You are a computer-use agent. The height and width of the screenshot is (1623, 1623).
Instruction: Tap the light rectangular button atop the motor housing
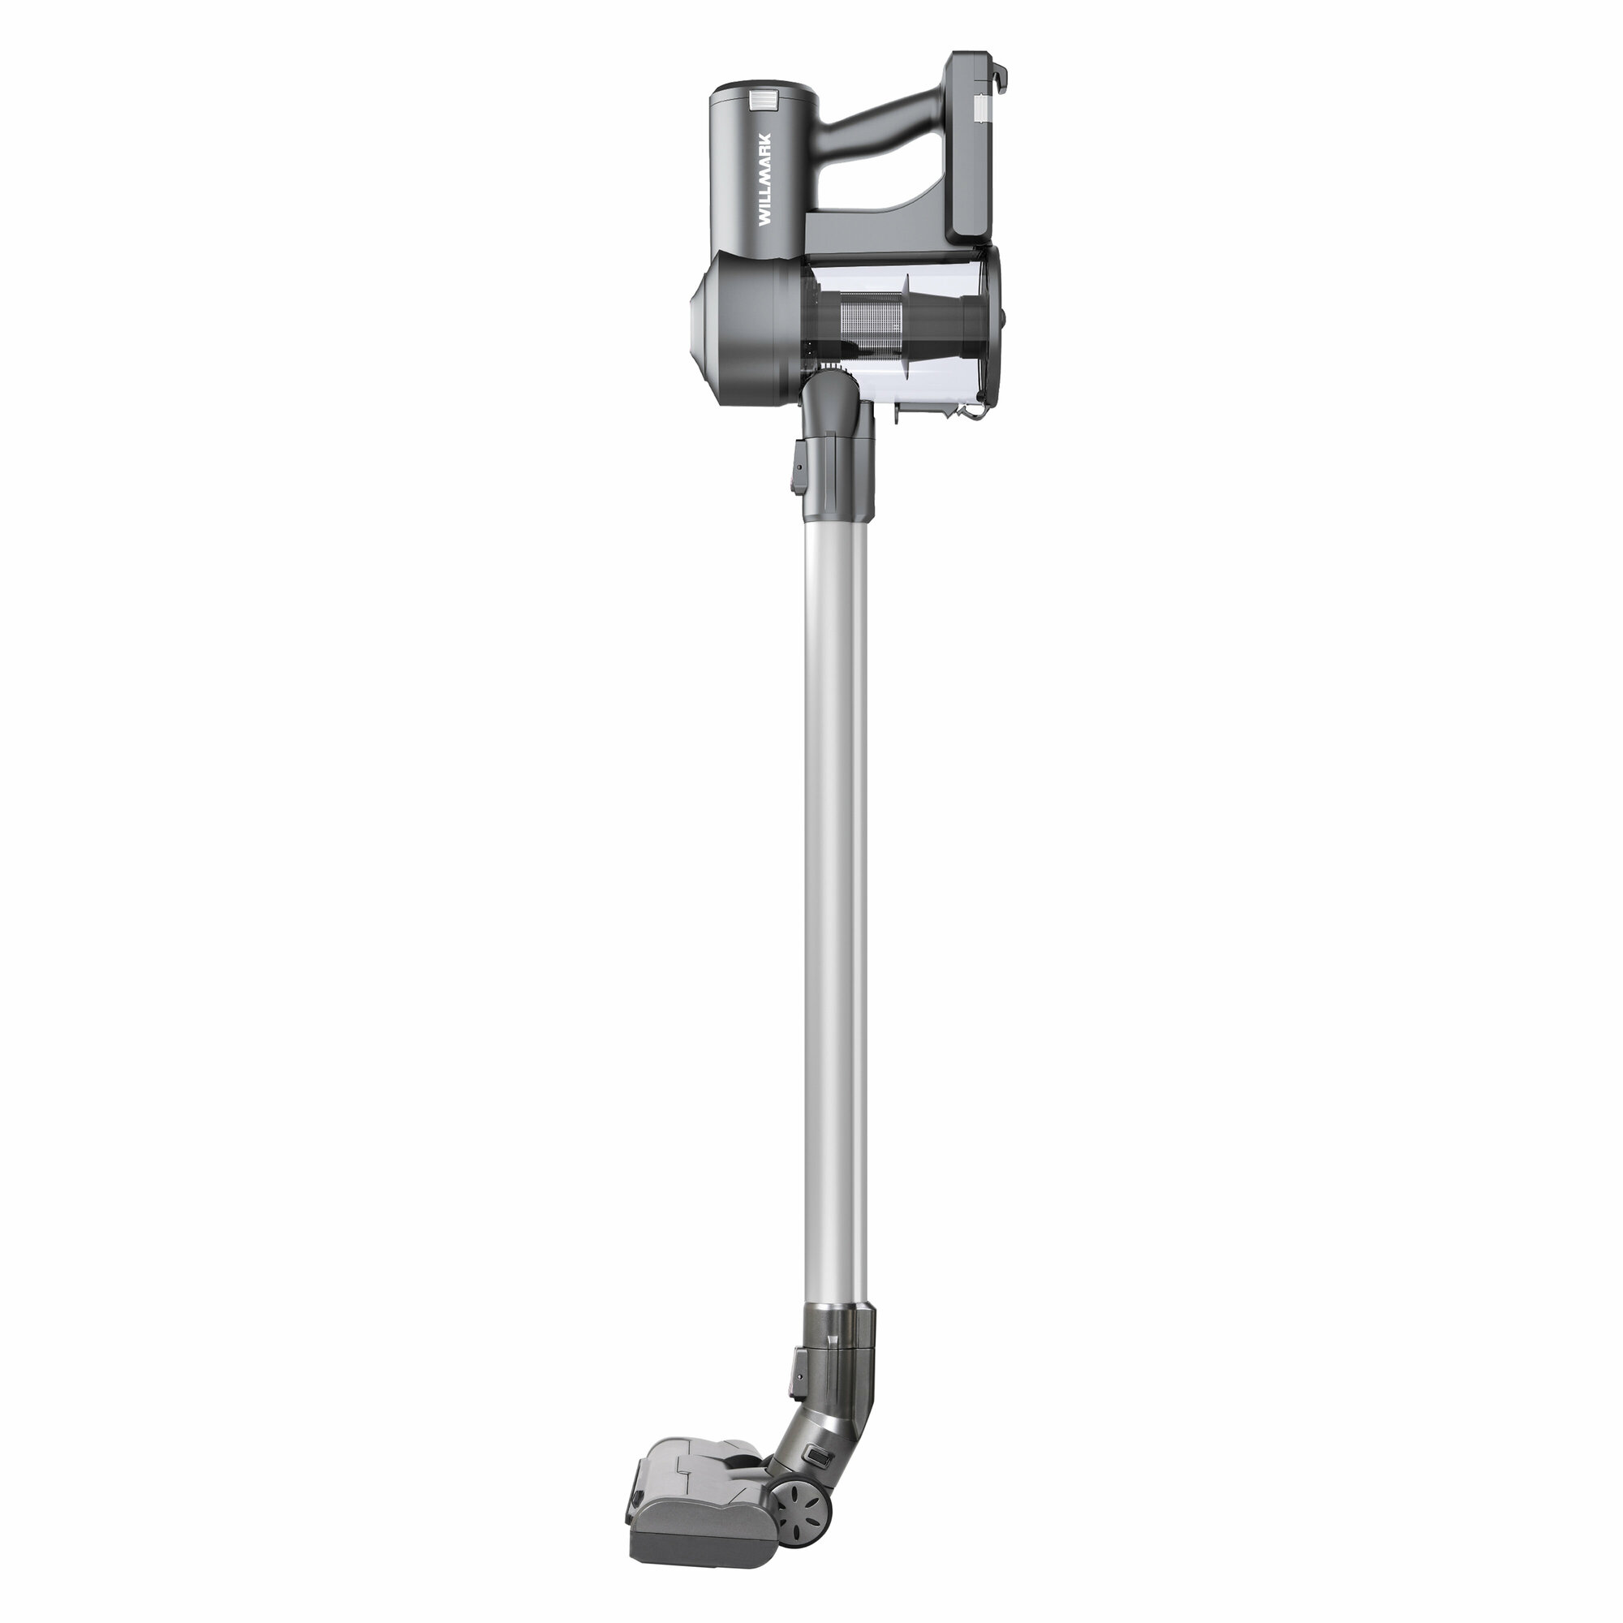click(763, 101)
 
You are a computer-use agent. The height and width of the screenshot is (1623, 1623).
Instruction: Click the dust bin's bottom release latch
click(975, 412)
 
